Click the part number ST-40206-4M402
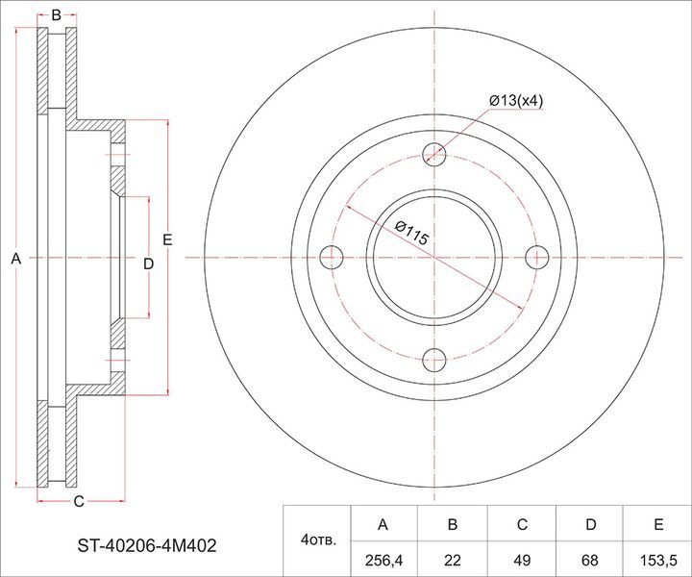(x=147, y=546)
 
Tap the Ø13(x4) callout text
(x=516, y=101)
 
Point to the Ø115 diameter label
(x=411, y=234)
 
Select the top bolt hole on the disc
(x=434, y=155)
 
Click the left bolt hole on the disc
(x=331, y=258)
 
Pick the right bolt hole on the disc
(x=537, y=258)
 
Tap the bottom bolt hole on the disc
(x=434, y=361)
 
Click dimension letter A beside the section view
(x=16, y=259)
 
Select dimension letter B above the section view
(x=56, y=15)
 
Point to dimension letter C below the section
(x=79, y=501)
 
